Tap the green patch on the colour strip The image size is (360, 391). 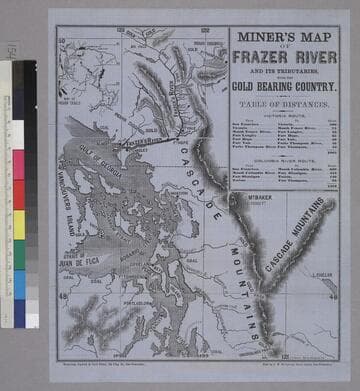[19, 250]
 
